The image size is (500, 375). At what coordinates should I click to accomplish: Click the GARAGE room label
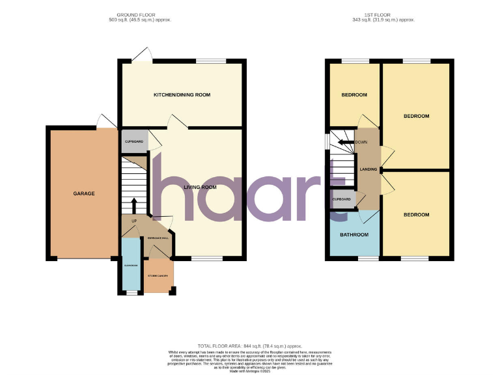(83, 193)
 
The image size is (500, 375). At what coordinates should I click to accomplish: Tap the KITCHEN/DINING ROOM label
(182, 95)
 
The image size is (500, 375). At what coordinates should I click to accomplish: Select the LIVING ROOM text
(199, 187)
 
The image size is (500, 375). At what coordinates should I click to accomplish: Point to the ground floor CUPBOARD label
(133, 141)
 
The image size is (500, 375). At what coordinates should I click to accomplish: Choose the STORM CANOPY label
(158, 276)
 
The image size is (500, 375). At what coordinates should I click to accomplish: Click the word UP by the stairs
(134, 221)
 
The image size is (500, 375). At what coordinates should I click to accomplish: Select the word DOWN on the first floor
(361, 141)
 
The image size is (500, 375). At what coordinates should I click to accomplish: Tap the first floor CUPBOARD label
(342, 199)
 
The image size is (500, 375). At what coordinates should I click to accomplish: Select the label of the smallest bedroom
(354, 95)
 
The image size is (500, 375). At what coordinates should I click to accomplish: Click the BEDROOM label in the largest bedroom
(416, 116)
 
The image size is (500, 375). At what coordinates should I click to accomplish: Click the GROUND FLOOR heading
(135, 14)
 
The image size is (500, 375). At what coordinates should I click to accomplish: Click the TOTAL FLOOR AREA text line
(250, 345)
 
